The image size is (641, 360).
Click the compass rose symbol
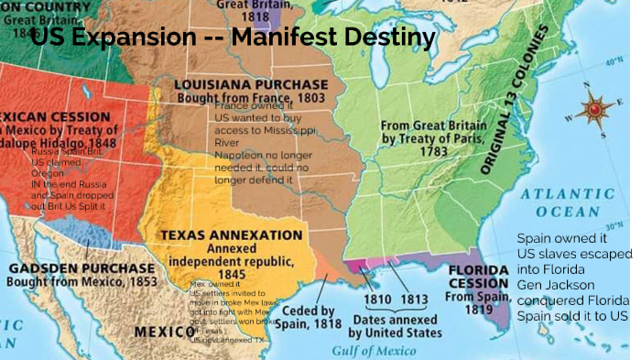point(598,111)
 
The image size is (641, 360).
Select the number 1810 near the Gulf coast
point(378,299)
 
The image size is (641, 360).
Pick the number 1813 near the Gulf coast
point(413,299)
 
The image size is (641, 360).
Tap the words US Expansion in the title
point(112,38)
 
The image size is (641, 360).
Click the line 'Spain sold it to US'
point(572,315)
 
